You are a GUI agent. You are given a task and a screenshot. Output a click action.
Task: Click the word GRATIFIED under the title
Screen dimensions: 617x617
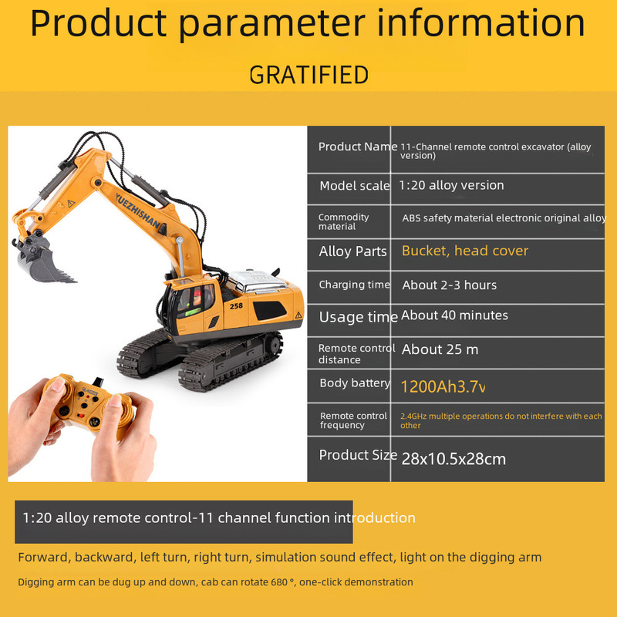(x=309, y=75)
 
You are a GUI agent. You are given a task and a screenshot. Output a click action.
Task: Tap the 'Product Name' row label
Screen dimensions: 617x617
(x=358, y=147)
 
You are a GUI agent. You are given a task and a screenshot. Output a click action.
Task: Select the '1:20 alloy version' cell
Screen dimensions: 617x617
(x=451, y=185)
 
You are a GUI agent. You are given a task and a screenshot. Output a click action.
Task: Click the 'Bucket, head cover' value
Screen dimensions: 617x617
(x=465, y=251)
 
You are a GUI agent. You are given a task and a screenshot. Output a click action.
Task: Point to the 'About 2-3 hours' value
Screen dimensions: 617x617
(x=450, y=285)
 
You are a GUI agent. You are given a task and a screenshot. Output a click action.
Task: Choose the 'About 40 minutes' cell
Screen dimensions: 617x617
(x=454, y=315)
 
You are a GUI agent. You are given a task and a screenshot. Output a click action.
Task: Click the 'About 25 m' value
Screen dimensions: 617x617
(x=440, y=349)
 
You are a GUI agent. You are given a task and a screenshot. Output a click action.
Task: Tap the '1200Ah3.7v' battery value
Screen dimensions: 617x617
(x=443, y=387)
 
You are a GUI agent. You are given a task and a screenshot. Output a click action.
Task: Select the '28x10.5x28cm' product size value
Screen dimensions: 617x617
(x=453, y=459)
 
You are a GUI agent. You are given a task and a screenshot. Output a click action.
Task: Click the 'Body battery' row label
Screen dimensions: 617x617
(x=355, y=383)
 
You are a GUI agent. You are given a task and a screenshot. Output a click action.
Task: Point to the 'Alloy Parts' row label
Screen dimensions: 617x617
(x=353, y=251)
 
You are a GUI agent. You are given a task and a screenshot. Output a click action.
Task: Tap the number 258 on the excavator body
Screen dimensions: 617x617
(x=236, y=305)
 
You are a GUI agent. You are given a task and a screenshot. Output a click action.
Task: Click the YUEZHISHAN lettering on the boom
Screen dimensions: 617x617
(x=139, y=211)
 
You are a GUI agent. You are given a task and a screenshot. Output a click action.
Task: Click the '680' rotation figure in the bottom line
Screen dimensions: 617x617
(x=279, y=582)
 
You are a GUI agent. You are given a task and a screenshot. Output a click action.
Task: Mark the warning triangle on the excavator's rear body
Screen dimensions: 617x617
(x=298, y=315)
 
